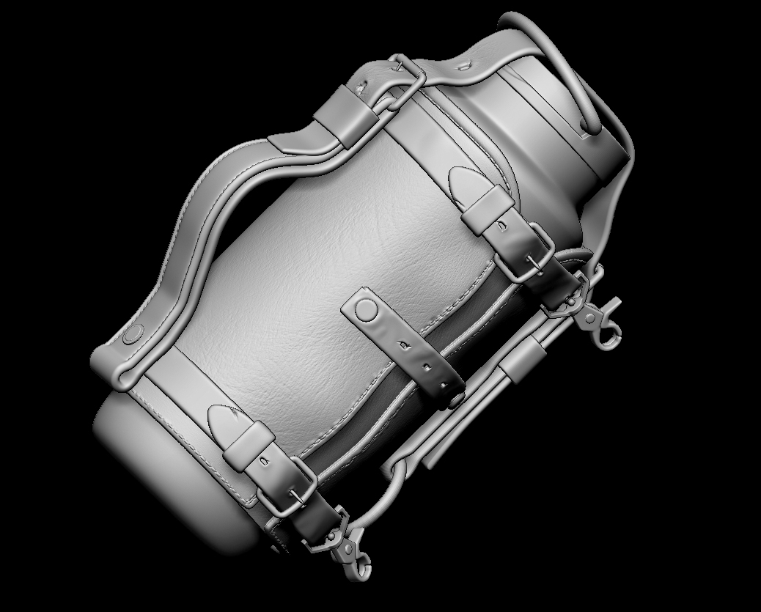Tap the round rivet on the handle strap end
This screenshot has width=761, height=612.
click(x=133, y=335)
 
